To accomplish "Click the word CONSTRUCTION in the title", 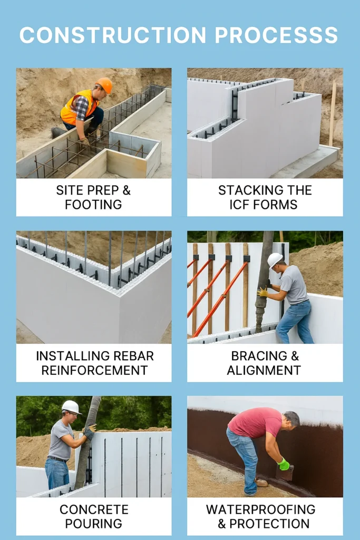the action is [113, 35].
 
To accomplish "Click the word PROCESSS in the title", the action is [277, 35].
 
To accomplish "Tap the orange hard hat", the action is [104, 85].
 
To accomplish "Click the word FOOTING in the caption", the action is [93, 205].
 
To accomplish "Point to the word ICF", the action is [239, 205].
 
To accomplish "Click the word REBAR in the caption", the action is [134, 356].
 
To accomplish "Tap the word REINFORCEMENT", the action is [94, 370].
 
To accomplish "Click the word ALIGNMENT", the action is [264, 370].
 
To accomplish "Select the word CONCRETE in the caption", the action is [94, 509].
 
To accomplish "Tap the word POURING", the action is [94, 524].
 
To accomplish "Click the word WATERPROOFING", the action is [261, 509].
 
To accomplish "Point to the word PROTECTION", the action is [269, 524].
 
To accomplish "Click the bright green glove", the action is [284, 464].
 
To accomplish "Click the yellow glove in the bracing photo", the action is [262, 292].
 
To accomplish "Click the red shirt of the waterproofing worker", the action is [255, 422].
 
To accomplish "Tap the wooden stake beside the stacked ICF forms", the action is [332, 113].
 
